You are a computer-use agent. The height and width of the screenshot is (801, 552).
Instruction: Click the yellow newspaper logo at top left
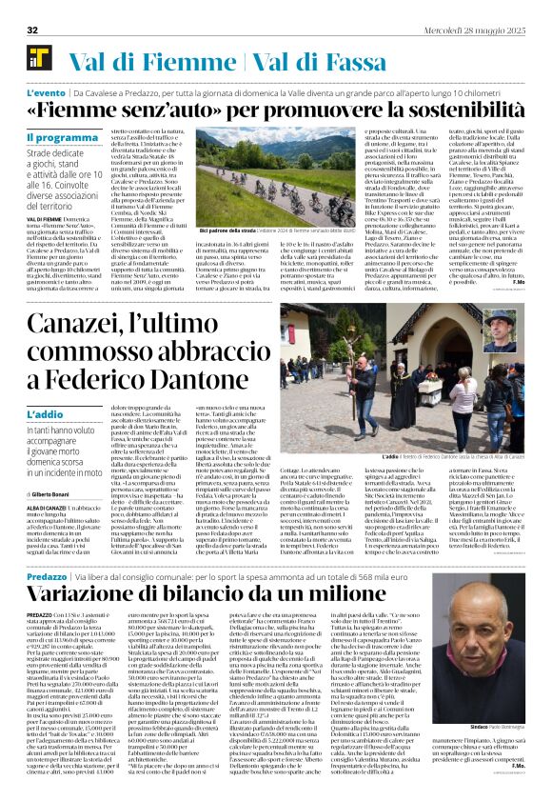coord(38,58)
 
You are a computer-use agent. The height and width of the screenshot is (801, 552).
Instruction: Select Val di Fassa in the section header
coord(321,59)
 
